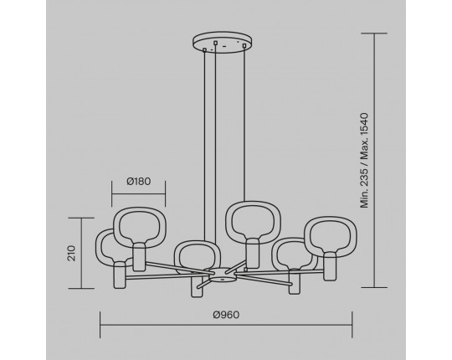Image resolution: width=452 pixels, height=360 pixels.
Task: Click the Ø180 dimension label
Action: [x=139, y=182]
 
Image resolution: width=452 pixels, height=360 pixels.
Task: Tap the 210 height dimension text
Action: [x=71, y=254]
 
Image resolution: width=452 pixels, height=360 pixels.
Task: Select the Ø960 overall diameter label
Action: [x=226, y=315]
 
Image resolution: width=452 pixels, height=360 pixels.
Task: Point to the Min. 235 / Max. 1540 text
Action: [x=364, y=161]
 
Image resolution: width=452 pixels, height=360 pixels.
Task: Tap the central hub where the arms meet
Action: [x=221, y=275]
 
